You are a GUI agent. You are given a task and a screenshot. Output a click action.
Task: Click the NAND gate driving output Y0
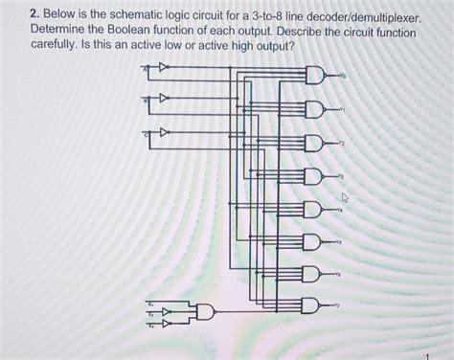[315, 77]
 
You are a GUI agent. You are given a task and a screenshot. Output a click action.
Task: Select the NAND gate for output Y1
[315, 110]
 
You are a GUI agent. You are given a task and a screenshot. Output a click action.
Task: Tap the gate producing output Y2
[315, 144]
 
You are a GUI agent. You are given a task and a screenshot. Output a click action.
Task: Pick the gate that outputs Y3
[315, 176]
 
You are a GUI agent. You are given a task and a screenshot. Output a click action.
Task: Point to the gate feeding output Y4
[315, 209]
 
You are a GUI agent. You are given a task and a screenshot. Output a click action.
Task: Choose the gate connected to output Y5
[315, 241]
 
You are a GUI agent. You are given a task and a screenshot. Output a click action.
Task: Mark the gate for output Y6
[315, 274]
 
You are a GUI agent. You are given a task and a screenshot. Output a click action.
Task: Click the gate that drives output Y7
[315, 305]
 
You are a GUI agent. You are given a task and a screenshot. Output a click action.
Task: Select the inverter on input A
[165, 67]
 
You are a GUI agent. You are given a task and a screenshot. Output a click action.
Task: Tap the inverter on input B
[165, 99]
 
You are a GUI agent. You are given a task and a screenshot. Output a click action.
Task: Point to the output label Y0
[344, 76]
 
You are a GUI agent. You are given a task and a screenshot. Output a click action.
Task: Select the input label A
[146, 67]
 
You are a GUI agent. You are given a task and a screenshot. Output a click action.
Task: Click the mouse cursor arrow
[346, 198]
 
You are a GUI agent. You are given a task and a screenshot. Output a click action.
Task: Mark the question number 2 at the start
[33, 17]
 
